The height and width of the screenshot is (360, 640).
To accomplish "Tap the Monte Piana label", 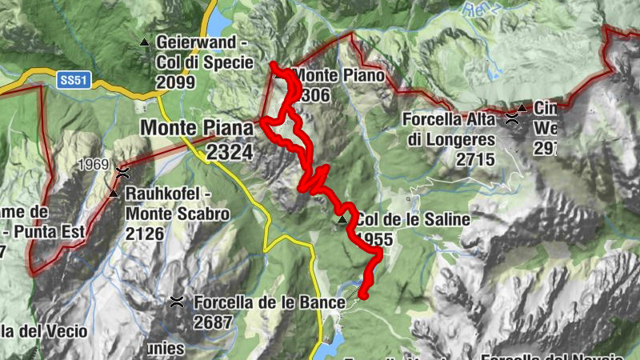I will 197,127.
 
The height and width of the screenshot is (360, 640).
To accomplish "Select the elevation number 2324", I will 229,151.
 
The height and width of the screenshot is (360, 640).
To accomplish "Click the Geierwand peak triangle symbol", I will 145,42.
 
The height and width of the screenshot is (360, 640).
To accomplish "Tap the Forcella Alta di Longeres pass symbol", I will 511,118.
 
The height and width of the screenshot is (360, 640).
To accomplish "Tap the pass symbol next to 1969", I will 122,171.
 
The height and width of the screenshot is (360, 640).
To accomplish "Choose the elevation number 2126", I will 144,234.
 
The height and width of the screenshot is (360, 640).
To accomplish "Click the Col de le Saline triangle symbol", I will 342,219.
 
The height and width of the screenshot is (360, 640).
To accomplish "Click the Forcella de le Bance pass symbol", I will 177,302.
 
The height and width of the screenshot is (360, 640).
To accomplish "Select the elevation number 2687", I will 212,322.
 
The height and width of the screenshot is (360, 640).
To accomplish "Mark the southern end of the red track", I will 362,295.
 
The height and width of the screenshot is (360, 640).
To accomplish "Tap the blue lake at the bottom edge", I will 330,348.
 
